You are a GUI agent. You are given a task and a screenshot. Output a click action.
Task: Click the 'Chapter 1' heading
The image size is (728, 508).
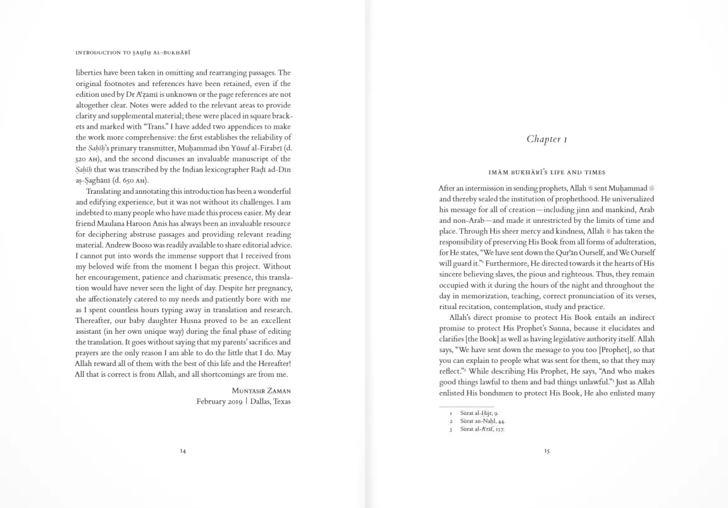(546, 139)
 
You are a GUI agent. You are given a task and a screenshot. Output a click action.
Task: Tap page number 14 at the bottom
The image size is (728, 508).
(183, 451)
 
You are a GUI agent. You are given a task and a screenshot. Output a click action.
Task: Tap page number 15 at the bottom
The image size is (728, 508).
(546, 451)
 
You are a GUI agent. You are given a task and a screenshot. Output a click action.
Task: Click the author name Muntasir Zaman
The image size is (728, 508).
(261, 391)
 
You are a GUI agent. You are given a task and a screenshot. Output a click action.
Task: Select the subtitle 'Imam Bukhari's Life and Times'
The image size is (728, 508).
(546, 172)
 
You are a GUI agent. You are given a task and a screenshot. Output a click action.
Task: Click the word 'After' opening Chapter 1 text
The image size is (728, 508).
(447, 188)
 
